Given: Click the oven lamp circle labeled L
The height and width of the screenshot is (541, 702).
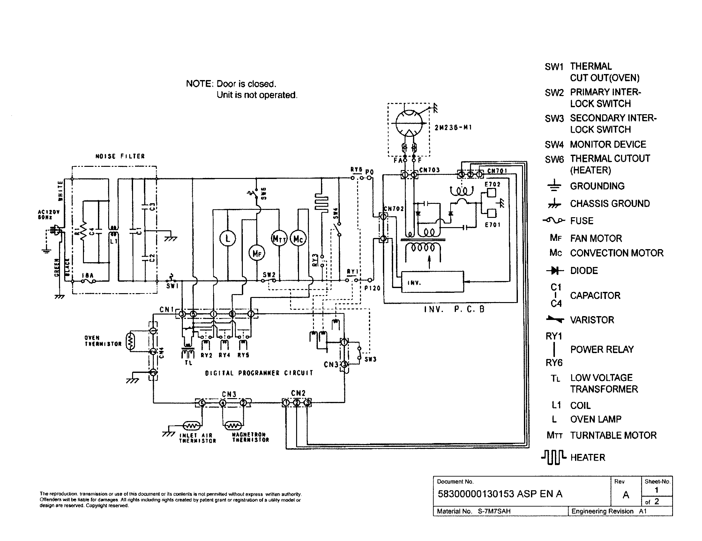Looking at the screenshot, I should tap(228, 239).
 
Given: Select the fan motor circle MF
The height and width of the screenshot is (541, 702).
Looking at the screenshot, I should tap(257, 254).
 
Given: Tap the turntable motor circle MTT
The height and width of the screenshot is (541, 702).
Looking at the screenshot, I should tap(279, 239).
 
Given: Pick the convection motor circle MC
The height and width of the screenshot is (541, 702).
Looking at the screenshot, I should tap(298, 239).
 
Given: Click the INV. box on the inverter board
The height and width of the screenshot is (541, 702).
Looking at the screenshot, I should tap(432, 282).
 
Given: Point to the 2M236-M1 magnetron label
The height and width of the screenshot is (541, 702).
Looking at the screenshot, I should tap(453, 128).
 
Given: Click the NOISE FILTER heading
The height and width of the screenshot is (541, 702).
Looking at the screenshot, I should tap(120, 156).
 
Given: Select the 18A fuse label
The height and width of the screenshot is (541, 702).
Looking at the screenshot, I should tap(87, 275).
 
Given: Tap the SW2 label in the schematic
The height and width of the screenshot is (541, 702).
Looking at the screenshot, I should tap(269, 275).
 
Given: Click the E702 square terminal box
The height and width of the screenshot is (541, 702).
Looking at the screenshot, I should tap(491, 193).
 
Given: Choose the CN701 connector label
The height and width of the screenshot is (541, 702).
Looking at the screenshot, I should tap(497, 171).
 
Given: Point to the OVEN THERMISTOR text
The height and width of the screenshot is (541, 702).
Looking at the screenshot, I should tap(103, 341).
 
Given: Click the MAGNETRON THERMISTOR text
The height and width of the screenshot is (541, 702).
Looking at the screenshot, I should tap(250, 437).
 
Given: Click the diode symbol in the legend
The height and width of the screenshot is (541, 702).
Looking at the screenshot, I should tap(555, 271).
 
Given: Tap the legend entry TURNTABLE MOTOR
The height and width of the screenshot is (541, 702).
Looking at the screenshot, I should tap(613, 435).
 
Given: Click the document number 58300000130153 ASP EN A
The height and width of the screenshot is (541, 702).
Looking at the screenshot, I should tap(500, 494).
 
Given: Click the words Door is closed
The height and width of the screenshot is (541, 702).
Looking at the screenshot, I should tap(246, 84).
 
